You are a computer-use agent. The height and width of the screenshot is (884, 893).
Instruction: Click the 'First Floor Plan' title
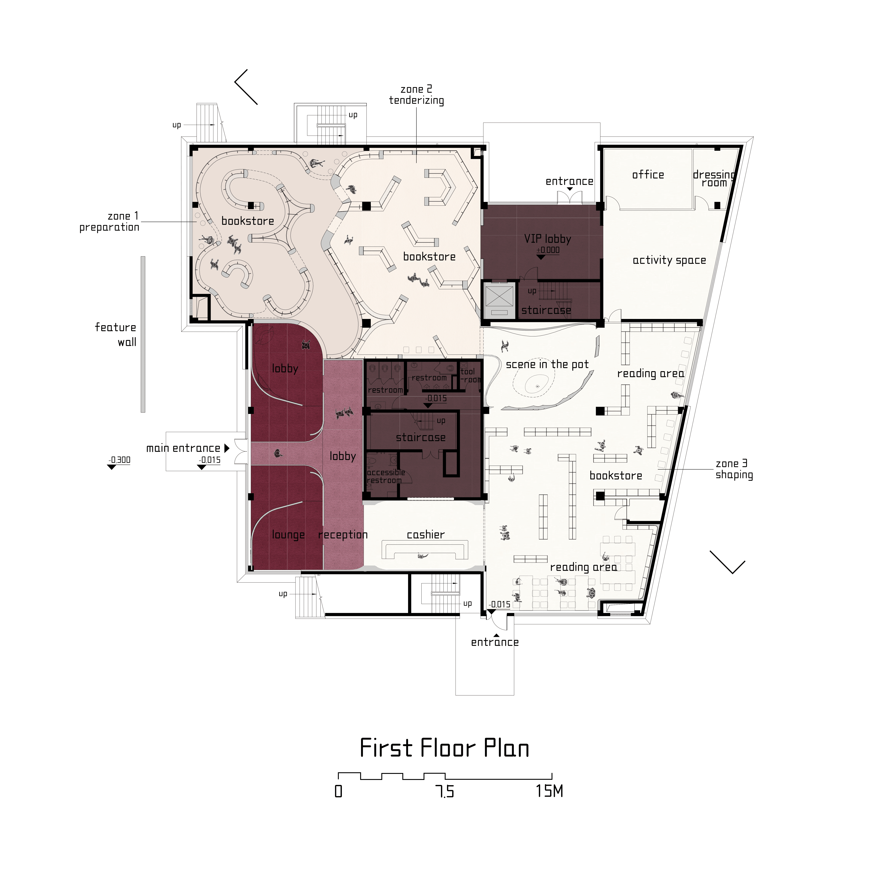(x=444, y=748)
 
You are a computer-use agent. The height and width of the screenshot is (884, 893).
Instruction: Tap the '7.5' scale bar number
(x=445, y=792)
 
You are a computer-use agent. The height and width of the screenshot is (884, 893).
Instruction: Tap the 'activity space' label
(x=669, y=261)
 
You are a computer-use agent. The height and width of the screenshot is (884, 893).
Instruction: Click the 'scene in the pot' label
(x=547, y=365)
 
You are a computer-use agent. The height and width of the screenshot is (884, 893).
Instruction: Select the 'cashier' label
(x=426, y=535)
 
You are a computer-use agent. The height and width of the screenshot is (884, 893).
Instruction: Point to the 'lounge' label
(x=288, y=535)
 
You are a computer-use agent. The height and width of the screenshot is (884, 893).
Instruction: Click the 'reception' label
(x=343, y=535)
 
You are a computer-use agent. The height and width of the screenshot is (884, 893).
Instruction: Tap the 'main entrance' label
(x=184, y=448)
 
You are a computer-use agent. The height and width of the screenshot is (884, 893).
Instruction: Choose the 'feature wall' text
(x=116, y=334)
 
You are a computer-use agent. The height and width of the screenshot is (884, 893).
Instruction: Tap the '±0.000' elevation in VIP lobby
(x=548, y=250)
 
